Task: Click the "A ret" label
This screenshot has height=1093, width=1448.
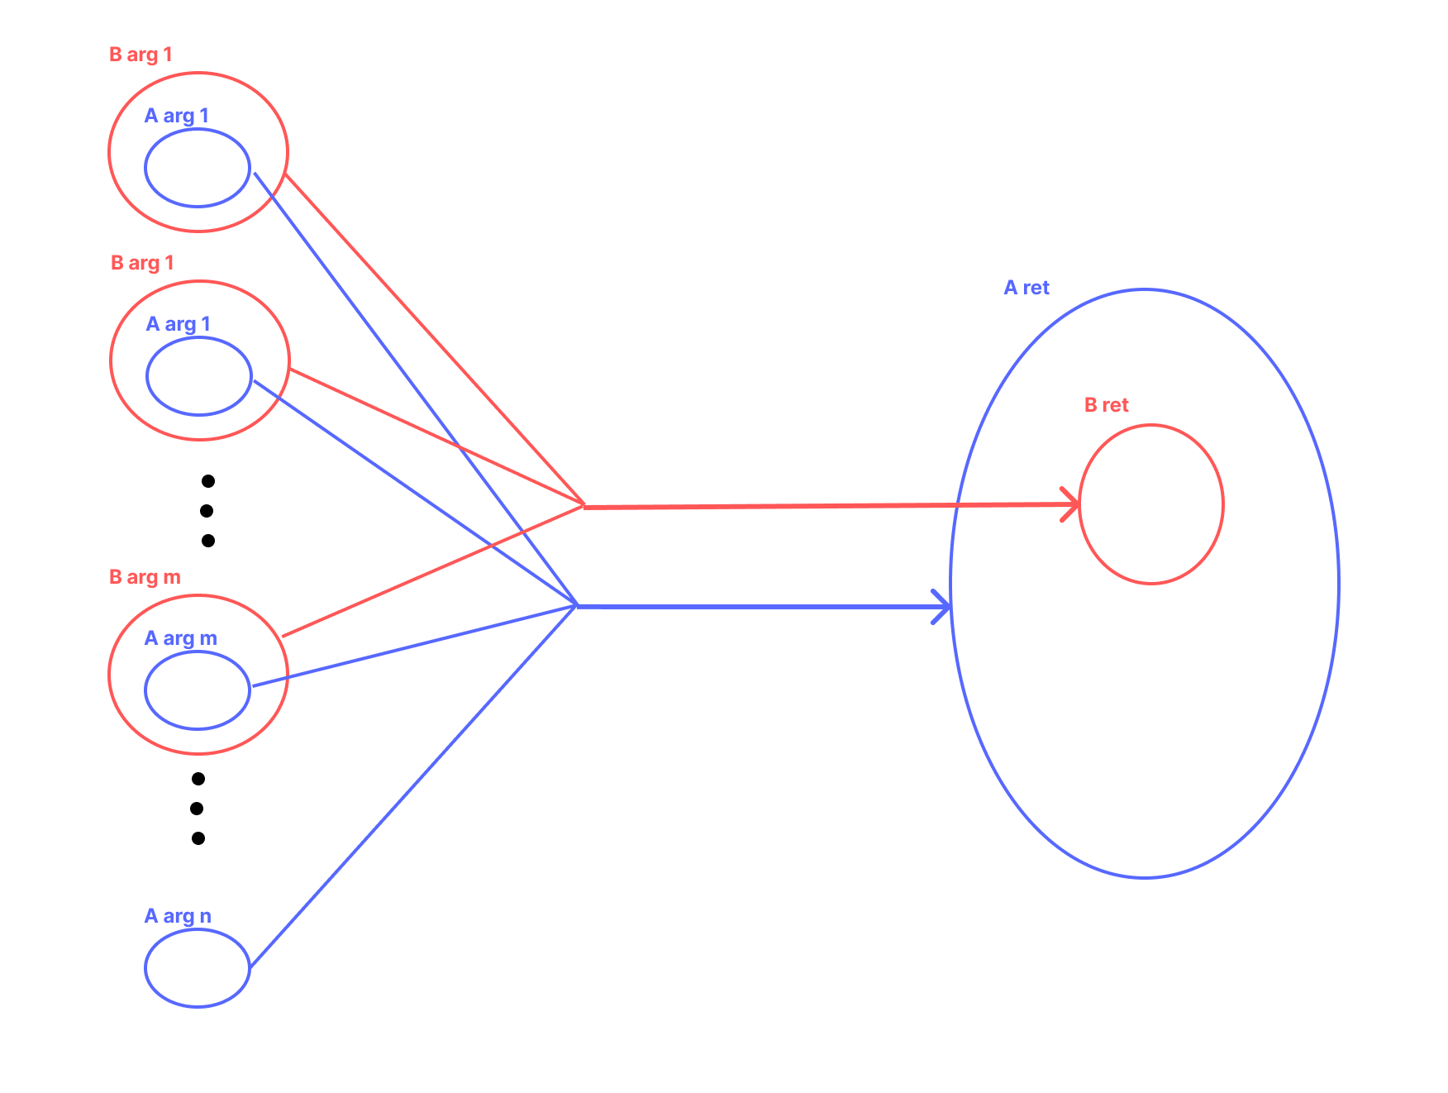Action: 1026,288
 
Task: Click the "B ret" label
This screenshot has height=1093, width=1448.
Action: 1106,405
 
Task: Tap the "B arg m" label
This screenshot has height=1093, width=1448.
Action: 145,577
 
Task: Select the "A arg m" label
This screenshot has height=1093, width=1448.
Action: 180,638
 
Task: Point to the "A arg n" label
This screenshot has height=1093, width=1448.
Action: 178,916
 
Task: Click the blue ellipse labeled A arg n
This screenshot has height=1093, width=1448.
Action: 198,968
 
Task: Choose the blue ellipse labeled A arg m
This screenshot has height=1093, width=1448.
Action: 198,690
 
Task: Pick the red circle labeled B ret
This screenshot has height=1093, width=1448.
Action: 1151,504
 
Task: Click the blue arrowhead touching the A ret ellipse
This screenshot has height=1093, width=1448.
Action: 944,607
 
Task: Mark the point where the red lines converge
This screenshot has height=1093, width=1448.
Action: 584,505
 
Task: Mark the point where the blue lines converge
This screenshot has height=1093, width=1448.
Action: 576,606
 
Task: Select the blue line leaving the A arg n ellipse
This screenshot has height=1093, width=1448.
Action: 413,786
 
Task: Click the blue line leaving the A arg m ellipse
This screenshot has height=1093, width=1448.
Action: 413,647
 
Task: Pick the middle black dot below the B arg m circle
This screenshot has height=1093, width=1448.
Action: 197,809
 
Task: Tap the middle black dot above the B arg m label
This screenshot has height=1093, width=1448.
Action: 207,511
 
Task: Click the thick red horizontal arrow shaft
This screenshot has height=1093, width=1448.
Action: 826,505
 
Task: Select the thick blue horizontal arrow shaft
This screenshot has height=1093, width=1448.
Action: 760,607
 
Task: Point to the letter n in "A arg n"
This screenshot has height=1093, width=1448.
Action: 205,917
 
